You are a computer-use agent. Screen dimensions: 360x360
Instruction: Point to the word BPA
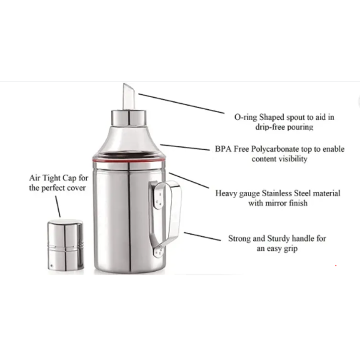click(x=224, y=149)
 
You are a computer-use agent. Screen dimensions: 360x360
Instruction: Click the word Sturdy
click(x=281, y=238)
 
